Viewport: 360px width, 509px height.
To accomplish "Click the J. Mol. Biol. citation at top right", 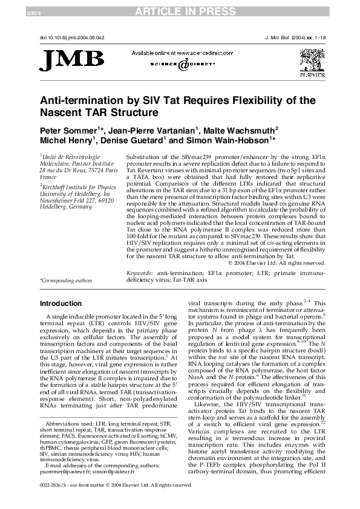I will click(x=293, y=37).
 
